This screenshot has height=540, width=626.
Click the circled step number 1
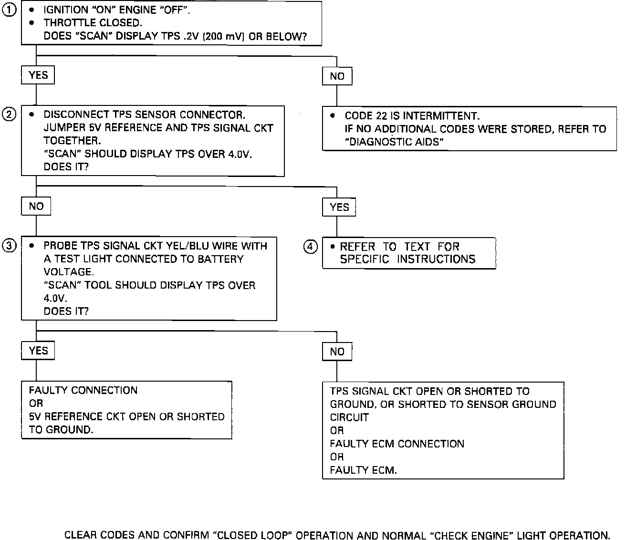[10, 10]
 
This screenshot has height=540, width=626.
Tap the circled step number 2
[10, 114]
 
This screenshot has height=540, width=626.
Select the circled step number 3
[10, 246]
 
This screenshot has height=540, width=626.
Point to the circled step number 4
[311, 247]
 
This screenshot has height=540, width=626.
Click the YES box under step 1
[38, 75]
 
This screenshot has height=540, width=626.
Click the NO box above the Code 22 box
[337, 76]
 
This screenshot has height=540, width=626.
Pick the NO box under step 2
[36, 207]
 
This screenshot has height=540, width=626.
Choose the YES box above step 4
[339, 208]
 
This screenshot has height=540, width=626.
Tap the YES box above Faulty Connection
[38, 351]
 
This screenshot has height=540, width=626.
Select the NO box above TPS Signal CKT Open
[337, 352]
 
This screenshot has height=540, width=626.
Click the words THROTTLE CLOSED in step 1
[93, 23]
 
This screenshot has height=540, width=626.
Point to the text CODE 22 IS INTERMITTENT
[412, 116]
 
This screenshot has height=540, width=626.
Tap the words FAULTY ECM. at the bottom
[363, 470]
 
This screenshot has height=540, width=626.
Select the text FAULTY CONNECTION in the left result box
[83, 390]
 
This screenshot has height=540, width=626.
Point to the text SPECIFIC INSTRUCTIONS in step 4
[407, 259]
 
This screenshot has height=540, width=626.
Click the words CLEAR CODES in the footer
[100, 535]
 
